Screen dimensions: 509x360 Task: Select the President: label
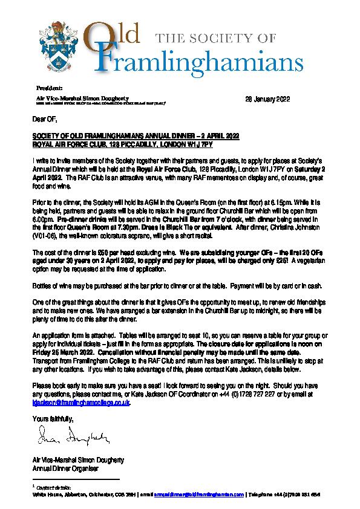46,88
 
